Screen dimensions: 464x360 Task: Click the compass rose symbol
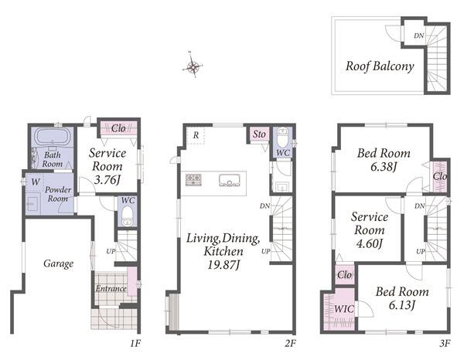click(193, 66)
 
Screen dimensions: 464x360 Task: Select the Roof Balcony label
click(380, 66)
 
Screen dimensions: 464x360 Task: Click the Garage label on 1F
click(58, 263)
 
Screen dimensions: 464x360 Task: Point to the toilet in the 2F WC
click(282, 136)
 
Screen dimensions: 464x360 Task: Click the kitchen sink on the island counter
click(230, 180)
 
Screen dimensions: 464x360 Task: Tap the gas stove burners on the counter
click(193, 180)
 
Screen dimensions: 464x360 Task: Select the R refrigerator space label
click(196, 135)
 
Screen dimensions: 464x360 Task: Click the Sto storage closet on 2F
click(259, 134)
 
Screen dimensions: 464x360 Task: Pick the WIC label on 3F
click(344, 309)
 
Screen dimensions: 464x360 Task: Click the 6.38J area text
click(384, 167)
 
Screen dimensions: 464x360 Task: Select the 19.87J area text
click(223, 264)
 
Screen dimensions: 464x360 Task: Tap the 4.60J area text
click(369, 243)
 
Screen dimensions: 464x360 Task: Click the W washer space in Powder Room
click(35, 182)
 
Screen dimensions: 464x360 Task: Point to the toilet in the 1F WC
click(128, 216)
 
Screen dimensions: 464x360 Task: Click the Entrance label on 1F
click(111, 288)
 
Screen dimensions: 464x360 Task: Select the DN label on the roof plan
click(418, 36)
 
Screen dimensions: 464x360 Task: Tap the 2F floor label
click(290, 343)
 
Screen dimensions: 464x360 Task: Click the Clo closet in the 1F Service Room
click(118, 128)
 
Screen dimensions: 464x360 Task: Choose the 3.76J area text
click(107, 180)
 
